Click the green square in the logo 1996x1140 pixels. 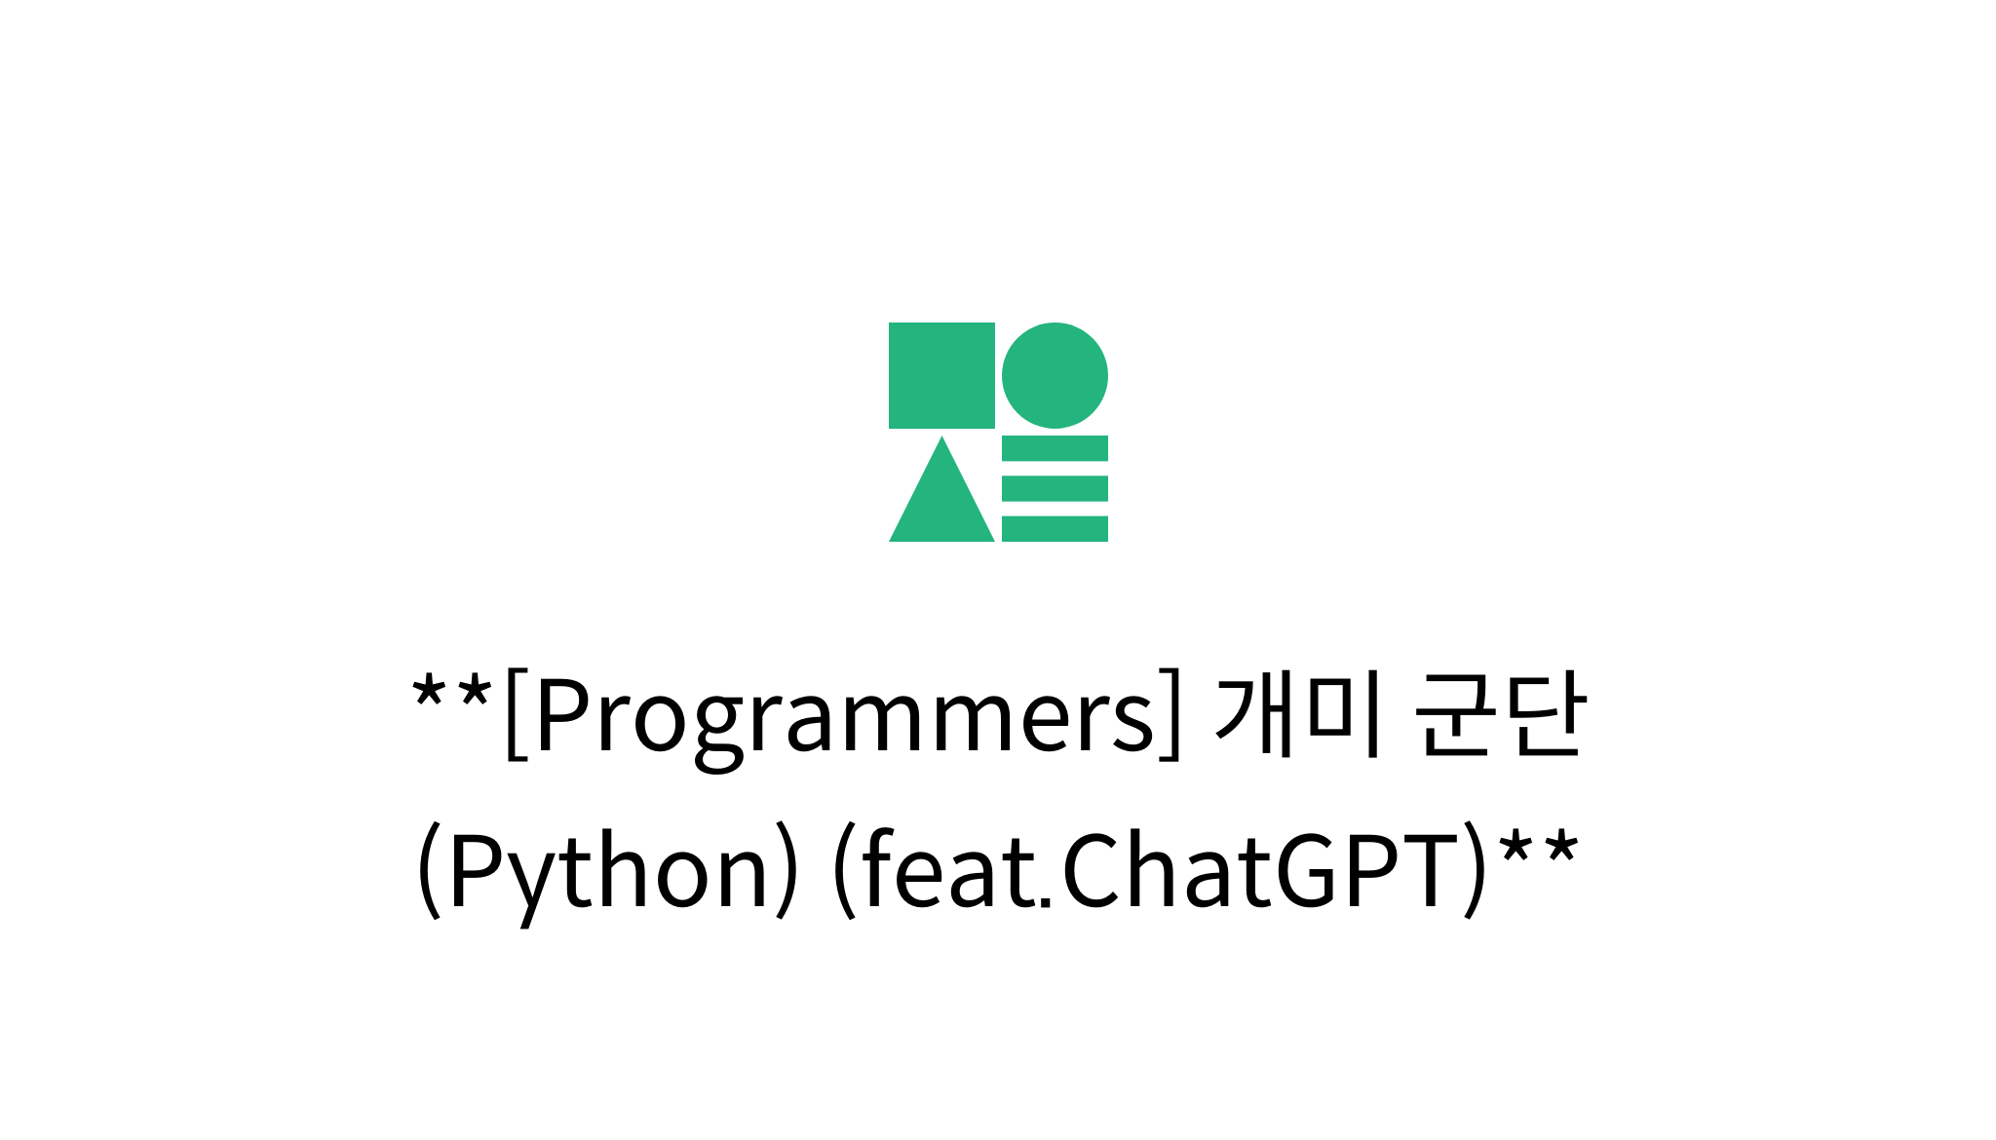click(x=941, y=375)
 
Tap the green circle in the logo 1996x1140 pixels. click(x=1055, y=375)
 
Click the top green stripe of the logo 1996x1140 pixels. click(x=1055, y=448)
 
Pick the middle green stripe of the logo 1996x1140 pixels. click(x=1055, y=488)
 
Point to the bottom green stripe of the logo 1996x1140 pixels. click(x=1055, y=529)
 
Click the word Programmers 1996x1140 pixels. click(x=844, y=716)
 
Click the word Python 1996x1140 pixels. click(x=608, y=870)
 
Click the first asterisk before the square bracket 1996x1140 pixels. click(x=429, y=694)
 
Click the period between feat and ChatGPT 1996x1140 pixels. click(x=1046, y=901)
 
